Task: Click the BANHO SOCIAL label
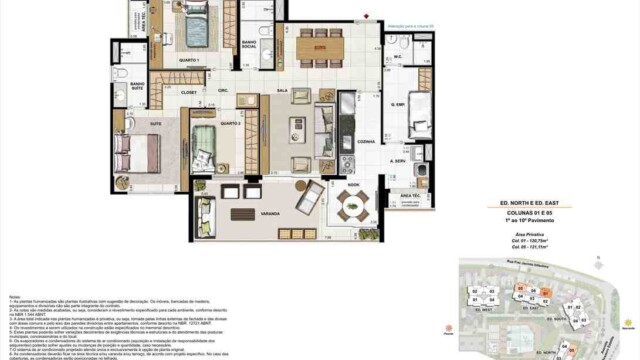250,46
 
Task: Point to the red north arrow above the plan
367,15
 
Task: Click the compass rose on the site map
628,323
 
